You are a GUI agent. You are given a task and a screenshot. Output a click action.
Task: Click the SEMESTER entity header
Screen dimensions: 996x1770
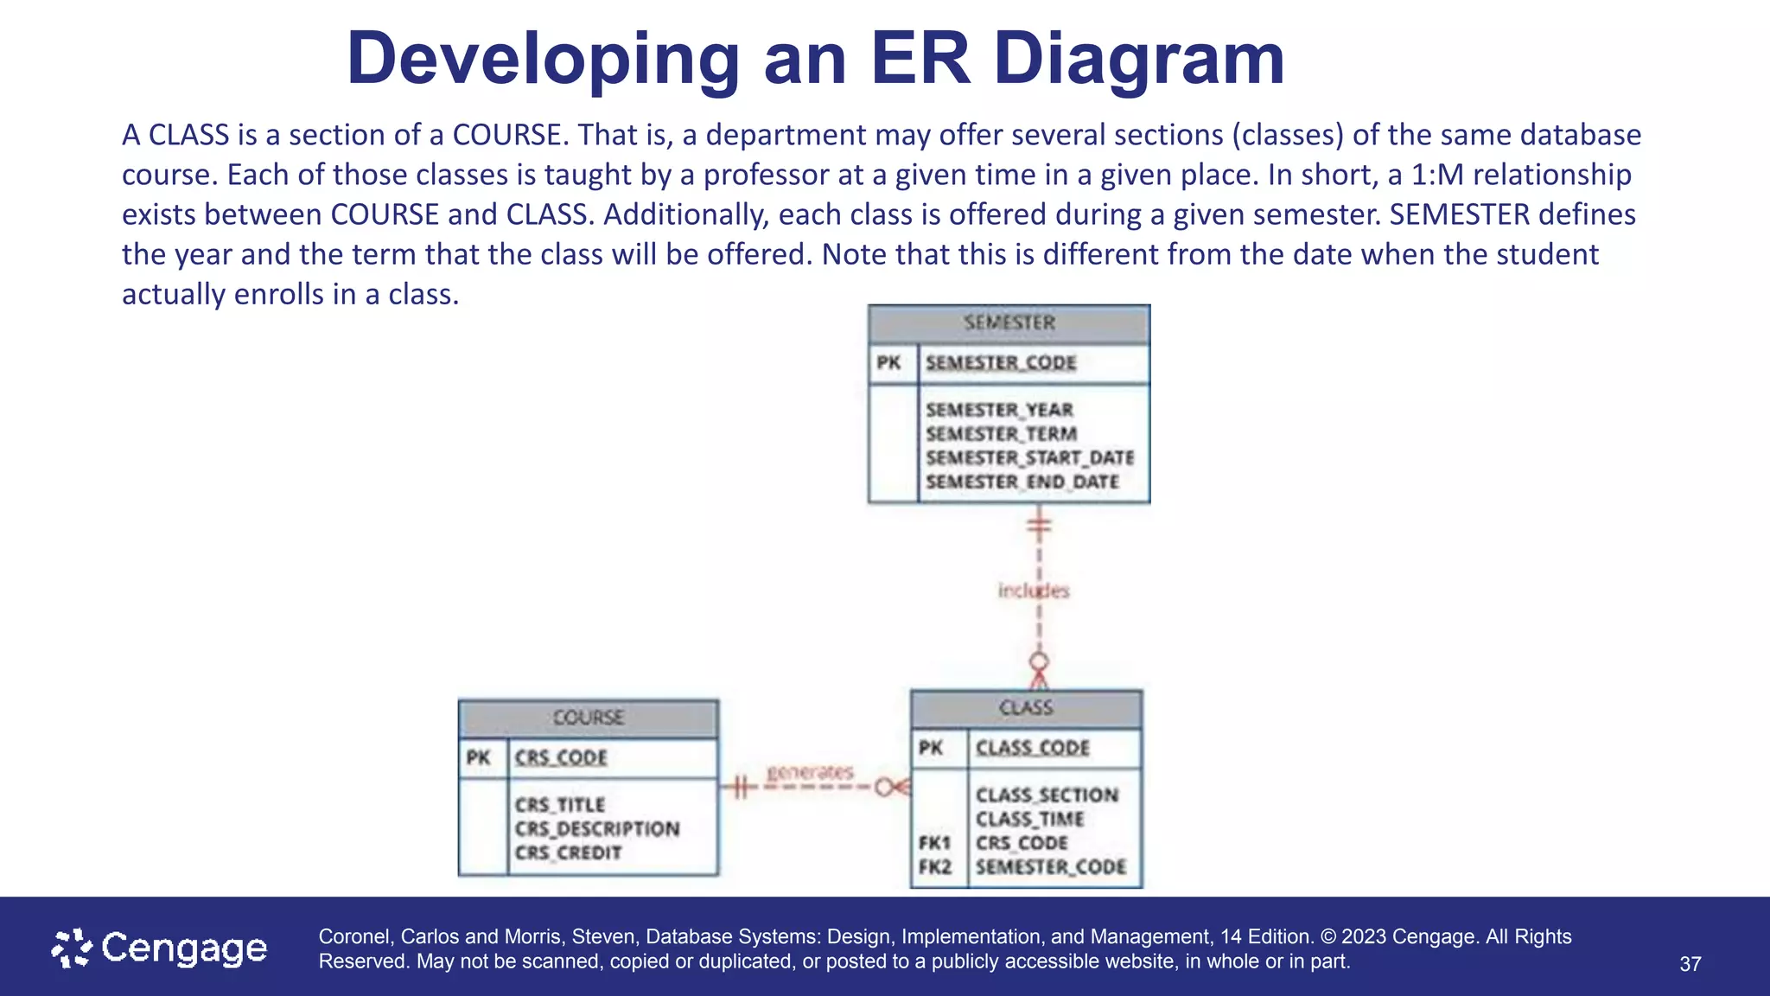click(x=1009, y=323)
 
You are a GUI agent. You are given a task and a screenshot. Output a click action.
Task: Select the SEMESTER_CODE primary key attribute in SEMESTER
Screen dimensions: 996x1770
click(x=1001, y=363)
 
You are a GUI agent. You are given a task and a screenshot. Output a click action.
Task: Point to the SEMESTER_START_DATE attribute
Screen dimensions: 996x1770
click(x=1029, y=457)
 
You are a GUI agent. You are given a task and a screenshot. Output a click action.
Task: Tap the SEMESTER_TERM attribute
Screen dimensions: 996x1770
click(x=1001, y=434)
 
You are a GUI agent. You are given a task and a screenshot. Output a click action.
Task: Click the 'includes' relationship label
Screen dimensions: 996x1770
click(x=1033, y=591)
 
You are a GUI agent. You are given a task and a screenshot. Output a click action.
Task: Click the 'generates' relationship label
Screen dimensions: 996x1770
click(x=810, y=771)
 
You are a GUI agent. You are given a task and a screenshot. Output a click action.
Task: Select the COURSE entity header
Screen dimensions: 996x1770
click(x=588, y=718)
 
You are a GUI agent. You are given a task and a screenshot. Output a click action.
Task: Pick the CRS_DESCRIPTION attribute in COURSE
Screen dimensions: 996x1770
click(x=597, y=828)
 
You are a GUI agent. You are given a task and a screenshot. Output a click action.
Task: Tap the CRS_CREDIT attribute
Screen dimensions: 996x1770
click(x=568, y=852)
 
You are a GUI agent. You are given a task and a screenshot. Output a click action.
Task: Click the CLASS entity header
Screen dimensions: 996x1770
click(x=1026, y=708)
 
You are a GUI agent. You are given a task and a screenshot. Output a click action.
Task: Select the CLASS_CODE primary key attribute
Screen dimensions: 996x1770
click(x=1032, y=748)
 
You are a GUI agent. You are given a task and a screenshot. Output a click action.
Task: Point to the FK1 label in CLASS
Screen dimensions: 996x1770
click(x=934, y=843)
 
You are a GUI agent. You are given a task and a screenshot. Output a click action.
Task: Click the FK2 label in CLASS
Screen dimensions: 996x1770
click(x=934, y=866)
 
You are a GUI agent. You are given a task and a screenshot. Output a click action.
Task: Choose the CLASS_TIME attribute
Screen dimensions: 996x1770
click(x=1029, y=819)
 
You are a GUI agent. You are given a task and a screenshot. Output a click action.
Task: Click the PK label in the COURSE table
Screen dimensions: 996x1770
click(x=478, y=758)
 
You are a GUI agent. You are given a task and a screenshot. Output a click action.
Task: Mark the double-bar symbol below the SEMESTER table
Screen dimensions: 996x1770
click(x=1039, y=524)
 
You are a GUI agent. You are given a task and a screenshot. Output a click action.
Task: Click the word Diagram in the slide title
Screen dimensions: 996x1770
click(x=1139, y=59)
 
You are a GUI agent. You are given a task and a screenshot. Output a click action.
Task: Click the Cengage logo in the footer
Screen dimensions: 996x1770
click(x=160, y=948)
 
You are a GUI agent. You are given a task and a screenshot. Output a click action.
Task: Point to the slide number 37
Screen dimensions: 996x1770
click(x=1690, y=964)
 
